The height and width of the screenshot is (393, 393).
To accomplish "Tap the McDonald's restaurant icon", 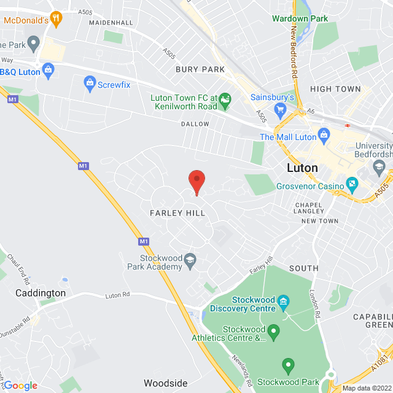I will pos(57,19).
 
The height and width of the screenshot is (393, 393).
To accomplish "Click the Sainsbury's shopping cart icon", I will pos(281,111).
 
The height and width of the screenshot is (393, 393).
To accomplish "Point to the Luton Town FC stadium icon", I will pos(225,98).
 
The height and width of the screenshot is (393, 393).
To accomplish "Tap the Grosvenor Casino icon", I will pos(352,182).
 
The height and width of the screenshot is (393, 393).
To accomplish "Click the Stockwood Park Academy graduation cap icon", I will pos(190,260).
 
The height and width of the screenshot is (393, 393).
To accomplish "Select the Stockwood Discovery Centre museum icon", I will pos(283,302).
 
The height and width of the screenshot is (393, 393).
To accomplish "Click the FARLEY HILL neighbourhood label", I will pos(177,212).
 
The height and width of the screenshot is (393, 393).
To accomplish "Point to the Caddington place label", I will pos(41,293).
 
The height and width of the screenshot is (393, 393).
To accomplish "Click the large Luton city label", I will pos(303,168).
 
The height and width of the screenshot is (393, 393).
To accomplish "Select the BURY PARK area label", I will pos(200,69).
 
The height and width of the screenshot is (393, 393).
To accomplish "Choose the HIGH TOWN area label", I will pos(335,89).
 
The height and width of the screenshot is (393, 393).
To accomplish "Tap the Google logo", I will pos(20,386).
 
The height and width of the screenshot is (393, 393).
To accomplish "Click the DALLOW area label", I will pos(195,124).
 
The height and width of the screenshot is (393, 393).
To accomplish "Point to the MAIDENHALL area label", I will pos(111,23).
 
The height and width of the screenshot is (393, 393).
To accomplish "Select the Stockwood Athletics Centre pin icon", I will pos(274,332).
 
